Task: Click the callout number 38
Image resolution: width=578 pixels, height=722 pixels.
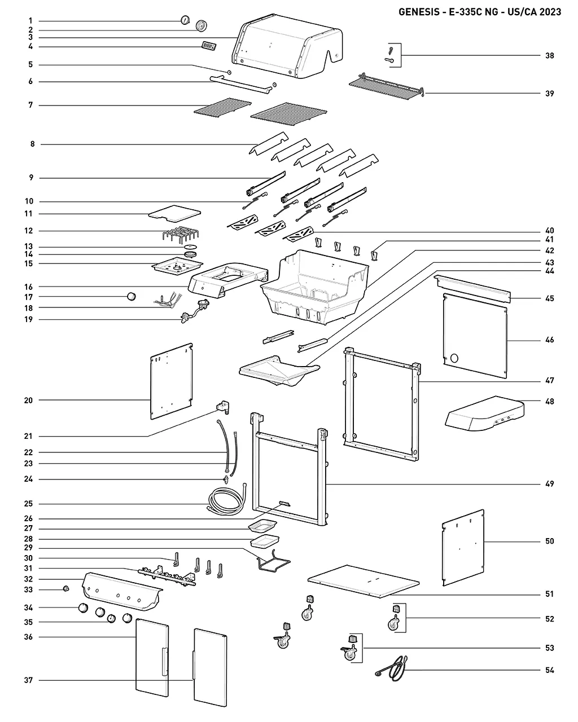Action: click(549, 55)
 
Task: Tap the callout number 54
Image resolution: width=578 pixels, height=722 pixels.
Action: click(549, 670)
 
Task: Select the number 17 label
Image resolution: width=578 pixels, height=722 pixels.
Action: click(29, 297)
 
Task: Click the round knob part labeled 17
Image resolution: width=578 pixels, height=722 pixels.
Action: click(132, 296)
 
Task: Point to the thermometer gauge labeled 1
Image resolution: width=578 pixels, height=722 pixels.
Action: click(185, 20)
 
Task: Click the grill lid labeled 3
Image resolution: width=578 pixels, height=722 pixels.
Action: click(287, 46)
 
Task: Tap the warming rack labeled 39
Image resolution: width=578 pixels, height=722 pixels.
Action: click(387, 86)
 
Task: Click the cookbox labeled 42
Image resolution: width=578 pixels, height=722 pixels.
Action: click(315, 287)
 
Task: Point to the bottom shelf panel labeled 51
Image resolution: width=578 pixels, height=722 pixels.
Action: click(364, 581)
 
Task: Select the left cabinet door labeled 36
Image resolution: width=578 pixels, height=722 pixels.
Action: click(152, 658)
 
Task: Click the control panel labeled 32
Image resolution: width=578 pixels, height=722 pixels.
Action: click(122, 592)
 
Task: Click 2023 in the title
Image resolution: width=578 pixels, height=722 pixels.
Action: click(550, 12)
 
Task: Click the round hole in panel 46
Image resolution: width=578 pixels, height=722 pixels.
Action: click(454, 358)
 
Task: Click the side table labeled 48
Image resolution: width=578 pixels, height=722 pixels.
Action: click(485, 413)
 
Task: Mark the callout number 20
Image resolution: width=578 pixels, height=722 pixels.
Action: click(29, 400)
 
